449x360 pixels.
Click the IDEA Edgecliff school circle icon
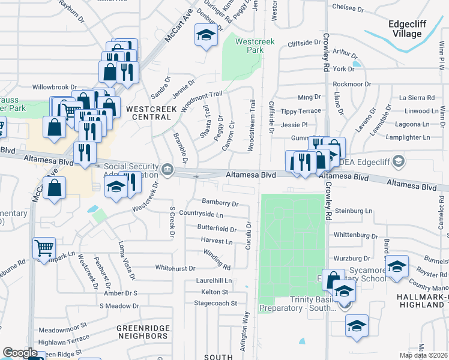click(400, 162)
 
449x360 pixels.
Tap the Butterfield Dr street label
click(217, 229)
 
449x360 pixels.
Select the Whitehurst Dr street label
click(175, 268)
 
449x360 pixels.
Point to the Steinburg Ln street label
click(354, 211)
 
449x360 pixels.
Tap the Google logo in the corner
click(20, 353)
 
